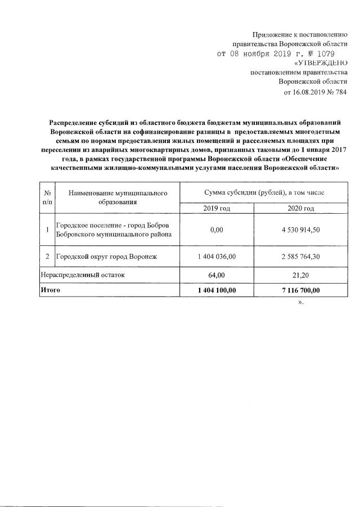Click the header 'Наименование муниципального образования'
pyautogui.click(x=118, y=197)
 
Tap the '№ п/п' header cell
pyautogui.click(x=47, y=197)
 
